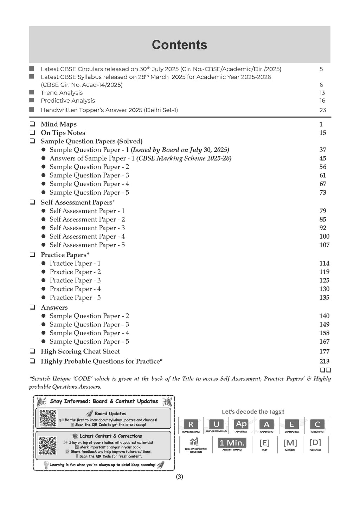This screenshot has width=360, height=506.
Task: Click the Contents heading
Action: (x=179, y=45)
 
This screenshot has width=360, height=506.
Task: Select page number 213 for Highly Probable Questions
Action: (x=324, y=361)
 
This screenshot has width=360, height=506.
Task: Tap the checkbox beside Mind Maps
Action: (x=32, y=124)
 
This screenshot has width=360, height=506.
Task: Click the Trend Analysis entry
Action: (x=62, y=93)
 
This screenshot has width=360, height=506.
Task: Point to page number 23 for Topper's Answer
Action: (x=322, y=110)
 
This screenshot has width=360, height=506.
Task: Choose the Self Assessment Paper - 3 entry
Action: (x=87, y=228)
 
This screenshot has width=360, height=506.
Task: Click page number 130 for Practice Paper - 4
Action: (x=324, y=289)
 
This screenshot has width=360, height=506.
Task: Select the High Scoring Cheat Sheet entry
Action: (x=80, y=351)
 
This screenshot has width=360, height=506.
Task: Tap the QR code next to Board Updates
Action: (x=48, y=418)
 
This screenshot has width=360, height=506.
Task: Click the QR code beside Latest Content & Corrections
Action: (x=48, y=446)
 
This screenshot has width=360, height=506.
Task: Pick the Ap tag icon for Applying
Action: (x=241, y=424)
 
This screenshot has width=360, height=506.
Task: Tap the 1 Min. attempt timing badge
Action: (x=232, y=443)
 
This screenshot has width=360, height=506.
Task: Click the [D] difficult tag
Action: (x=315, y=442)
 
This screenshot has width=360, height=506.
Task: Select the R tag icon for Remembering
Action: (x=191, y=424)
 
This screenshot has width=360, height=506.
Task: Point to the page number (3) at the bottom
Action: (x=179, y=477)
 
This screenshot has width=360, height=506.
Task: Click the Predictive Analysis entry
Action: (x=68, y=100)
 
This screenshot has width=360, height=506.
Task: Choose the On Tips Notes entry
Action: (x=63, y=133)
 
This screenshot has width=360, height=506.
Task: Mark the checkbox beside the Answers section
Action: (x=32, y=307)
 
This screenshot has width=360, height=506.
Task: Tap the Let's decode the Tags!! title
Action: (x=253, y=411)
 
